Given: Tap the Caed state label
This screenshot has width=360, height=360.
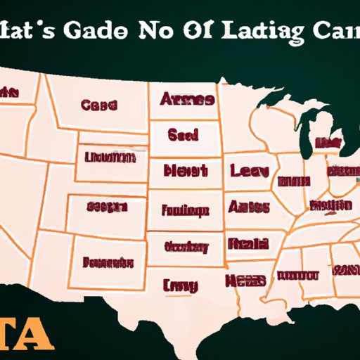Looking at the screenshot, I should [x=98, y=106].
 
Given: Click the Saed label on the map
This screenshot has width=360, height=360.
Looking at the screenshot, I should [x=184, y=135].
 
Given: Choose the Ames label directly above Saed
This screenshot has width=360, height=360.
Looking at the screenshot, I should [x=186, y=100].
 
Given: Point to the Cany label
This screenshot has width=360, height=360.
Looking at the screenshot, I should [x=181, y=285].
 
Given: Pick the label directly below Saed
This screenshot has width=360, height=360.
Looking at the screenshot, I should [x=185, y=171].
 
